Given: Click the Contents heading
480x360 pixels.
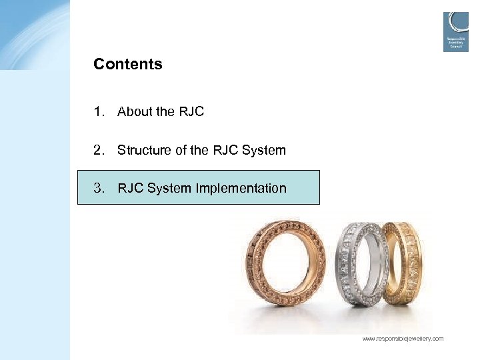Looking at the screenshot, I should [x=128, y=65].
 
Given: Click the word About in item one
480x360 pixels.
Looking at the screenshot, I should [x=135, y=112].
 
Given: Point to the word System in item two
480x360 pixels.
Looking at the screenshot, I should [x=264, y=150].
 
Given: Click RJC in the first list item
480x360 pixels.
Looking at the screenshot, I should [x=191, y=112].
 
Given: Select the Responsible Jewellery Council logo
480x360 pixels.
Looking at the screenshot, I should [x=456, y=31].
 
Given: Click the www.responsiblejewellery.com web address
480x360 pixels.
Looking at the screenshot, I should [x=403, y=339].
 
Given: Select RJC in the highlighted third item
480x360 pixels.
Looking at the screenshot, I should [x=131, y=188].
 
